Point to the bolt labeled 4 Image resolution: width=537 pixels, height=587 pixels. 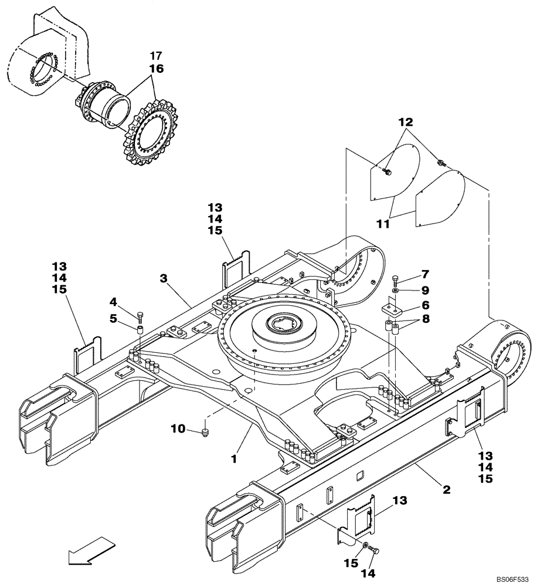(140, 317)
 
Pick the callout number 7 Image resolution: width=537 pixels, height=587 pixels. (425, 274)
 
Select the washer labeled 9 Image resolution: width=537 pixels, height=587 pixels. (395, 291)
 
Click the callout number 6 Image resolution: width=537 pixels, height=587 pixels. (425, 305)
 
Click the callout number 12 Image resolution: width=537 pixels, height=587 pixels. (406, 123)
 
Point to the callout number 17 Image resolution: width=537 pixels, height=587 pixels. (155, 56)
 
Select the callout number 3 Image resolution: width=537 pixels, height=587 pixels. (165, 277)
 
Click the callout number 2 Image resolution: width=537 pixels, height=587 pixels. (447, 489)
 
